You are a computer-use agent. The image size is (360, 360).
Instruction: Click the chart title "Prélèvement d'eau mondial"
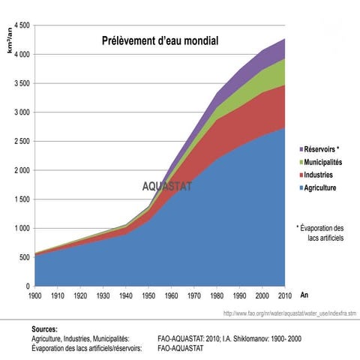pos(160,40)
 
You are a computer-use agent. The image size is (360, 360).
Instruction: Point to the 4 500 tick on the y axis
pos(22,25)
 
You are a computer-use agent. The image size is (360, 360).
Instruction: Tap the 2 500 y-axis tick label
pos(22,142)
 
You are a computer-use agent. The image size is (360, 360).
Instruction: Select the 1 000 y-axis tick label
pos(22,229)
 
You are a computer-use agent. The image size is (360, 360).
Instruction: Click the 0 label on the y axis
pos(28,286)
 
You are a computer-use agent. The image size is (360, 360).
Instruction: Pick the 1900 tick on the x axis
pos(35,295)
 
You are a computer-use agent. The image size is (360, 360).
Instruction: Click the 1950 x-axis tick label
pos(148,295)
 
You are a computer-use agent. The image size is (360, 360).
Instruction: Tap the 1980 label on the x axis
pos(217,295)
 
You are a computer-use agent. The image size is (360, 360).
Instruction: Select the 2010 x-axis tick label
pos(285,295)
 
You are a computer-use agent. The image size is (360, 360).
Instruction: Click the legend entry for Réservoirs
pos(319,149)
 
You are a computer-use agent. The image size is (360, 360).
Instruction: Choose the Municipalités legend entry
pos(321,162)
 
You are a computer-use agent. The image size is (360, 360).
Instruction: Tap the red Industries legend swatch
pos(301,175)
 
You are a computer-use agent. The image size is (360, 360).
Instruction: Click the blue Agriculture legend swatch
pos(301,188)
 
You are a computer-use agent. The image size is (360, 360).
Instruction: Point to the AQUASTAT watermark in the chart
pos(167,187)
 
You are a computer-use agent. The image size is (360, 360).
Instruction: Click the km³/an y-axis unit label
pos(10,40)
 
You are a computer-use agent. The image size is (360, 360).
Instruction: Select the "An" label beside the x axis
pos(304,295)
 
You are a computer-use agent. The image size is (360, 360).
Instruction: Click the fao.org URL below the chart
pos(289,313)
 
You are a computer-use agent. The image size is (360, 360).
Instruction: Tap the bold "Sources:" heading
pos(44,329)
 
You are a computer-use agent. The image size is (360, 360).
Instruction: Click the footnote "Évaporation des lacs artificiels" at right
pos(320,233)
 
